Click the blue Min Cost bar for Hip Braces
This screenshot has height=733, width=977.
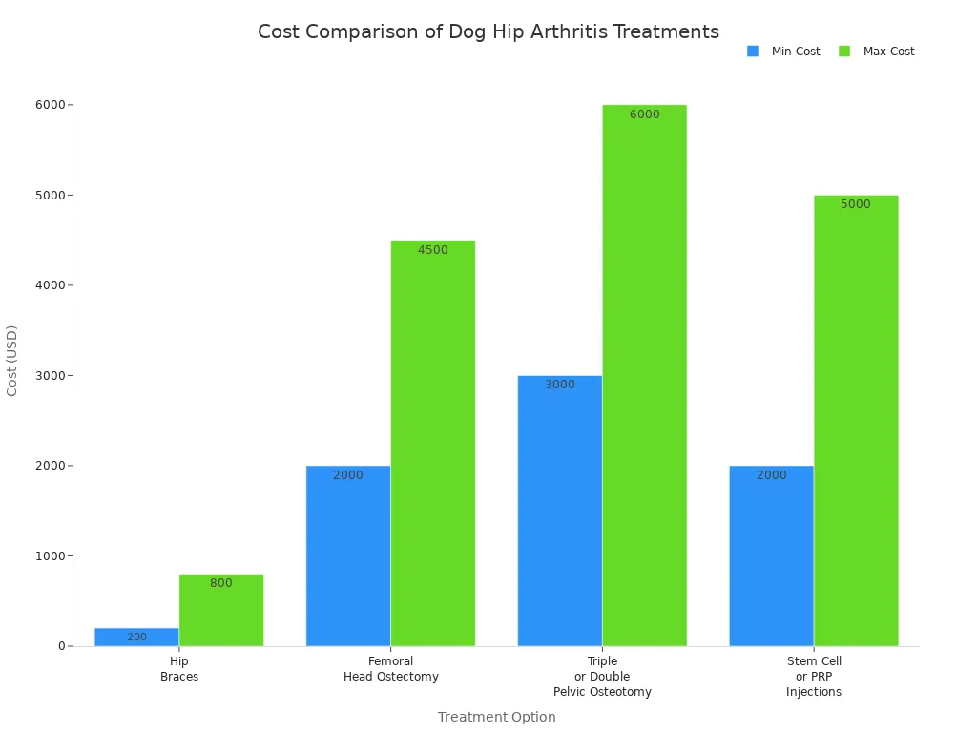(x=136, y=637)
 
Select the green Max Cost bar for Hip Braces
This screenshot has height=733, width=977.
(x=221, y=611)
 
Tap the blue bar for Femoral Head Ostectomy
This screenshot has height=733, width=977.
(x=348, y=555)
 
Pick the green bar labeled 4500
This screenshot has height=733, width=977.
(x=433, y=443)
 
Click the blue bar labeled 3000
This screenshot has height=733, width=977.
(x=560, y=511)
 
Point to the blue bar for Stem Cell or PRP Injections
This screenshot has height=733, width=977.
(x=771, y=555)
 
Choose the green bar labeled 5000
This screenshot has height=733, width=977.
(x=856, y=420)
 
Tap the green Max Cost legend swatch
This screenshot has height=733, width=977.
(x=844, y=52)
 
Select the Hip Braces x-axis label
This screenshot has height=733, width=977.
(x=179, y=669)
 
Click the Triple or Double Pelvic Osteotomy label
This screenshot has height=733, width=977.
(x=602, y=677)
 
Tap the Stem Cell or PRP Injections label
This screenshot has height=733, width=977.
(x=814, y=677)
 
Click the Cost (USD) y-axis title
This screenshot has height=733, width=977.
(x=12, y=361)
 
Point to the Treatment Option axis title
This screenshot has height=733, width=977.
(x=496, y=717)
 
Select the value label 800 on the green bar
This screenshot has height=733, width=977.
(x=221, y=583)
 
